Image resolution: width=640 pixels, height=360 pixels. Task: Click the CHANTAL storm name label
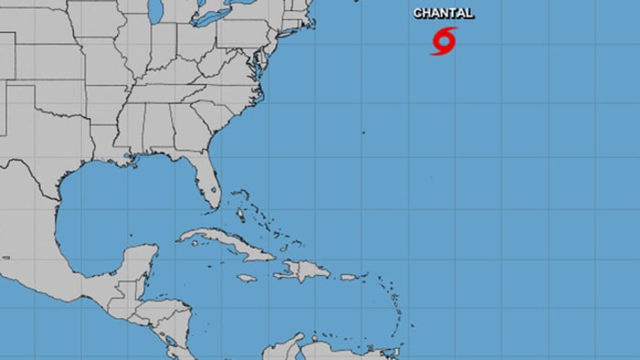coord(443,14)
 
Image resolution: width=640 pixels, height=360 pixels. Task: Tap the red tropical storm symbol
coord(443,40)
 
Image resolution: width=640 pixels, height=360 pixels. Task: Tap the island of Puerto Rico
coord(348,277)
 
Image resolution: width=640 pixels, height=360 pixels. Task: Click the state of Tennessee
coord(155,91)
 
